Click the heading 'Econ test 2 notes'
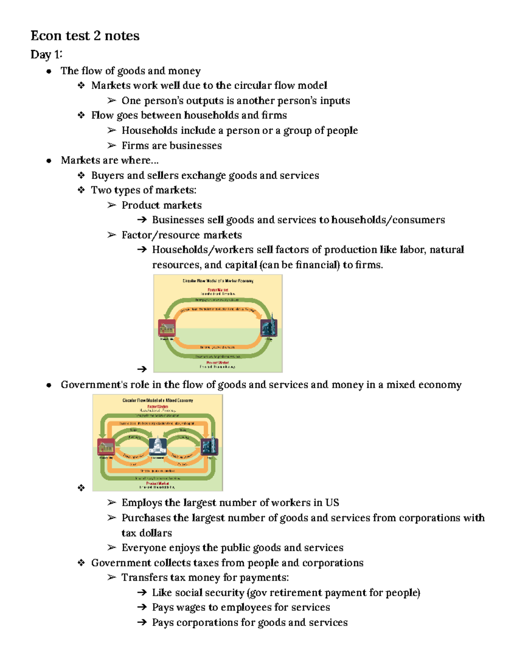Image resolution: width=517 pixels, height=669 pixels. click(x=85, y=36)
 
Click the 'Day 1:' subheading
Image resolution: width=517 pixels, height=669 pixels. click(x=46, y=55)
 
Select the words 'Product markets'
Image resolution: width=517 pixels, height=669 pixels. click(x=162, y=205)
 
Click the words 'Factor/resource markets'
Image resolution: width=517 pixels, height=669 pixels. click(x=181, y=235)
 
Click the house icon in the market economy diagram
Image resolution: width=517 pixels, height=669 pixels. click(x=166, y=328)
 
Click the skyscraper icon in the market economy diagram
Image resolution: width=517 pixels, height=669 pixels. click(x=269, y=327)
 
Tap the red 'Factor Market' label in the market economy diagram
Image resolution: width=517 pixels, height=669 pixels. click(x=218, y=290)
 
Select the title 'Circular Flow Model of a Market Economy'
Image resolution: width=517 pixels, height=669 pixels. click(x=218, y=281)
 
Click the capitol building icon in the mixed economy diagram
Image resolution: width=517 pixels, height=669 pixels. click(x=158, y=446)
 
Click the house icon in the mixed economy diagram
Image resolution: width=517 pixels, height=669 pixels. click(x=106, y=447)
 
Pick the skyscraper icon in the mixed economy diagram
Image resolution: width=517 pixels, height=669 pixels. click(x=210, y=446)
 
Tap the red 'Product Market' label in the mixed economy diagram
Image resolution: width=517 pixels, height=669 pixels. click(x=157, y=483)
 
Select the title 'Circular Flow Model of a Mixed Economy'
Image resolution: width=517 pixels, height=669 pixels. click(x=158, y=400)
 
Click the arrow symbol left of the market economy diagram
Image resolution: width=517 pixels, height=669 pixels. click(x=142, y=369)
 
